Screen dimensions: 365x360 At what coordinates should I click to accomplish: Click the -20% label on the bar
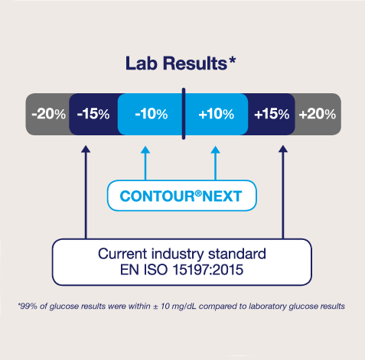point(48,114)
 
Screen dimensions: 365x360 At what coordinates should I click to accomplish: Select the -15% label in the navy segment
point(93,114)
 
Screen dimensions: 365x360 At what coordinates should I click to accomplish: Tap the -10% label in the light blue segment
point(152,114)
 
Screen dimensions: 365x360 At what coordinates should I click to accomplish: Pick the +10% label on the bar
point(217,114)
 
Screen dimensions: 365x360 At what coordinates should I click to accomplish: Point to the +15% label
point(272,114)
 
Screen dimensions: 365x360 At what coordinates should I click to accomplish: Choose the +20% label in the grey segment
point(318,114)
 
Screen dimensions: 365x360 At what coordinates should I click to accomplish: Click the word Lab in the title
point(141,63)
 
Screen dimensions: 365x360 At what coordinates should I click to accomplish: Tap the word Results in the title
point(195,63)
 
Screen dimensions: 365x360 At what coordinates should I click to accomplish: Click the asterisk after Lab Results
point(232,60)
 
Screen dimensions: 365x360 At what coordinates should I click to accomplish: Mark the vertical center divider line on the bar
point(184,114)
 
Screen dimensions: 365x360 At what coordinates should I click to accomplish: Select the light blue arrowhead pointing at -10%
point(145,150)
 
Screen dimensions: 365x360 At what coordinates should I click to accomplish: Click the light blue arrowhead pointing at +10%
point(216,150)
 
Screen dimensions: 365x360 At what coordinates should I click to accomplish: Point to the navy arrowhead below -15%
point(86,149)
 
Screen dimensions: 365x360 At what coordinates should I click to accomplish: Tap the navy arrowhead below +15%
point(283,149)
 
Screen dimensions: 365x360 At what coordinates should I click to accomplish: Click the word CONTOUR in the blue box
point(157,196)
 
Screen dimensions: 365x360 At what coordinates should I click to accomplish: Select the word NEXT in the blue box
point(222,196)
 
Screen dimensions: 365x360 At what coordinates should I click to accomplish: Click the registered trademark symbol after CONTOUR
point(198,193)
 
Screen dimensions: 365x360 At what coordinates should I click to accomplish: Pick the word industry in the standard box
point(178,254)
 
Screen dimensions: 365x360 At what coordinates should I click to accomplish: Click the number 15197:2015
point(208,270)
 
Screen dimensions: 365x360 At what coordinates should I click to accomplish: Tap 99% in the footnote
point(28,306)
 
